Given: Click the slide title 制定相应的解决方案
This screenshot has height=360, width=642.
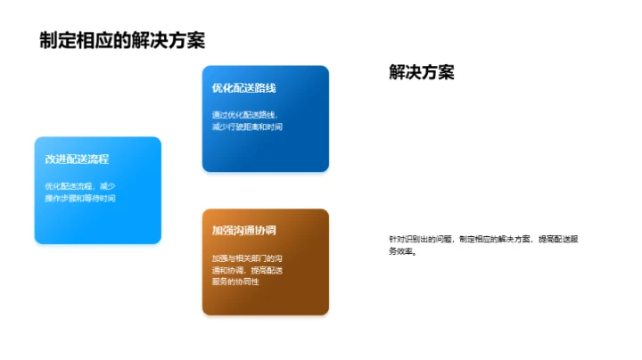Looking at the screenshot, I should point(122,41).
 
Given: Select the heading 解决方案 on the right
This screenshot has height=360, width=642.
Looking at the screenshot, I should point(422,73).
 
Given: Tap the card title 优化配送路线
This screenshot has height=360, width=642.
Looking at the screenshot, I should point(244,88).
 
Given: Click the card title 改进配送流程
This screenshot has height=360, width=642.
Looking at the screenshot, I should point(77,160).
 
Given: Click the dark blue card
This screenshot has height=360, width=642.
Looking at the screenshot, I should point(266,143).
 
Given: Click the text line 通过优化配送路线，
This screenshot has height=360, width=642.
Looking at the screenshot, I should point(245,115).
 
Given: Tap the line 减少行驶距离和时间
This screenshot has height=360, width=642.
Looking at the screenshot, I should point(247,127).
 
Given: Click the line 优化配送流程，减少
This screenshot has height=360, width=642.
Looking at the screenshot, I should point(80,186).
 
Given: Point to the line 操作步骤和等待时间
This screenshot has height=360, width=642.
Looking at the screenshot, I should point(80,198).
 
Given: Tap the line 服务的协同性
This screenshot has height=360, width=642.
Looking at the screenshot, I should point(235,282).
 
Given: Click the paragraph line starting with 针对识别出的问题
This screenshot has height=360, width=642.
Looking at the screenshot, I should point(490,239).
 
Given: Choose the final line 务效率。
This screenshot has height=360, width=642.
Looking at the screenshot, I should point(403,251).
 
